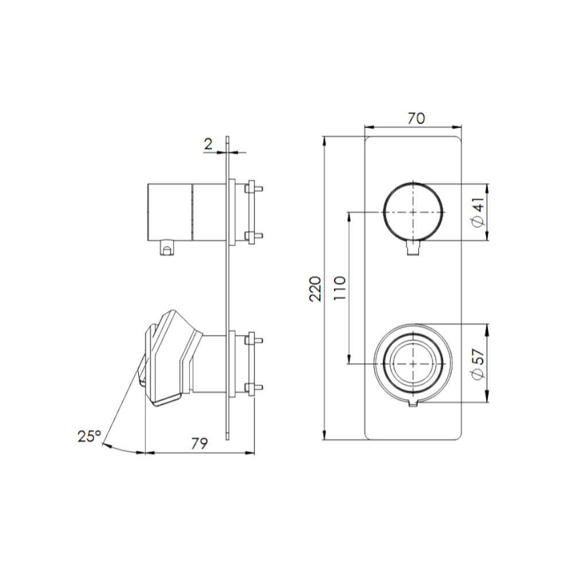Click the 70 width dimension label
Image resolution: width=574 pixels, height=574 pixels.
click(416, 118)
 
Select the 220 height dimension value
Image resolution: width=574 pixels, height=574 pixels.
click(315, 289)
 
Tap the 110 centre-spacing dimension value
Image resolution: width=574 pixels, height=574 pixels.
click(340, 289)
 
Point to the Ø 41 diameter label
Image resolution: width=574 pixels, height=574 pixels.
click(479, 212)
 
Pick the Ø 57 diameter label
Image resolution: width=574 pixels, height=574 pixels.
click(479, 363)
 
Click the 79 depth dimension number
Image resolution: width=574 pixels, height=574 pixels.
click(200, 443)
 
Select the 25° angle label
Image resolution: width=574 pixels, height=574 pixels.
click(89, 436)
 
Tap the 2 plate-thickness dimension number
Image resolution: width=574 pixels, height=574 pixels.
click(208, 144)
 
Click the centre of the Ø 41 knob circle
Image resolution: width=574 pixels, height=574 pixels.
click(413, 212)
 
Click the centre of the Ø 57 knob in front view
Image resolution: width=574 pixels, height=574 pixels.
click(413, 364)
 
